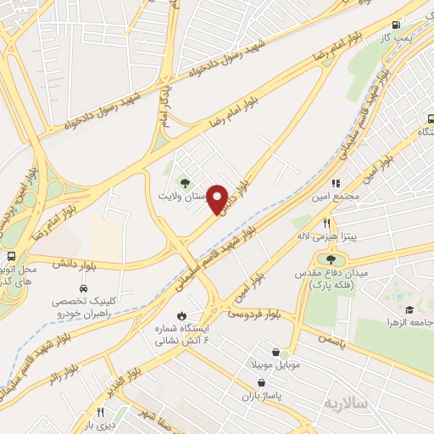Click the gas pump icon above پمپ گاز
coord(396,24)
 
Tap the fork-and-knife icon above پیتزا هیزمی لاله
coord(325,224)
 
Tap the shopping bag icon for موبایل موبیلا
coord(276,352)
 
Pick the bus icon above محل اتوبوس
coord(10,256)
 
